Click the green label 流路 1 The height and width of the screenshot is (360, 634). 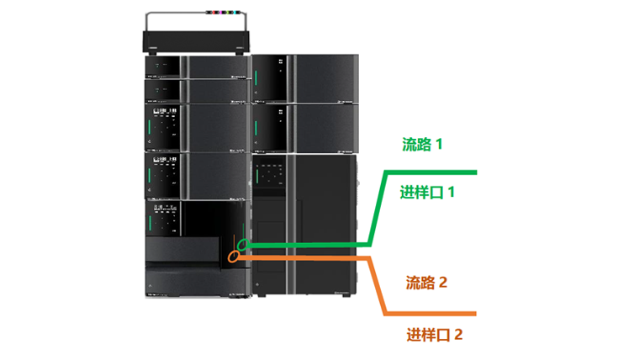coord(421,144)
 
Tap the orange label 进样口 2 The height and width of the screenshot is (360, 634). coord(434,334)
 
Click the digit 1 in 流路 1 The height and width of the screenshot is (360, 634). coord(438,144)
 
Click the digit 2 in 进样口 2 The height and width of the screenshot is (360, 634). coord(458,334)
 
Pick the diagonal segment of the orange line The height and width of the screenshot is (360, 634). coord(378,286)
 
